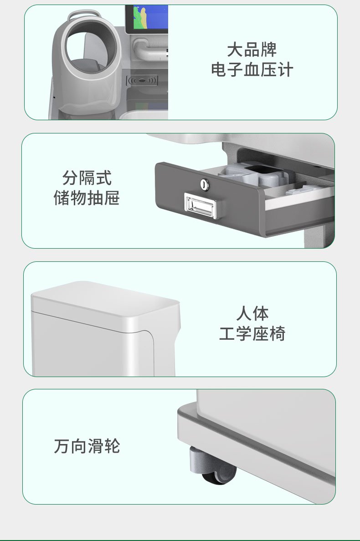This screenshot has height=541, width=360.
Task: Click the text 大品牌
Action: [252, 50]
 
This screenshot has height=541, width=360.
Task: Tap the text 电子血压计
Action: [252, 70]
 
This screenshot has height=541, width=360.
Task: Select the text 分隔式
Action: [87, 178]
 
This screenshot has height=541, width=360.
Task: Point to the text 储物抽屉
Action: [87, 198]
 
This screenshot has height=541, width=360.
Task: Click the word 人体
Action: [252, 313]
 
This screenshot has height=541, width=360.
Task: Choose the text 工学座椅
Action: [252, 334]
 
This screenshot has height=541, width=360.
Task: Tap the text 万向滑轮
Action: [87, 446]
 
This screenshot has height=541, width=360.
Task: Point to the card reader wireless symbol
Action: [142, 81]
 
